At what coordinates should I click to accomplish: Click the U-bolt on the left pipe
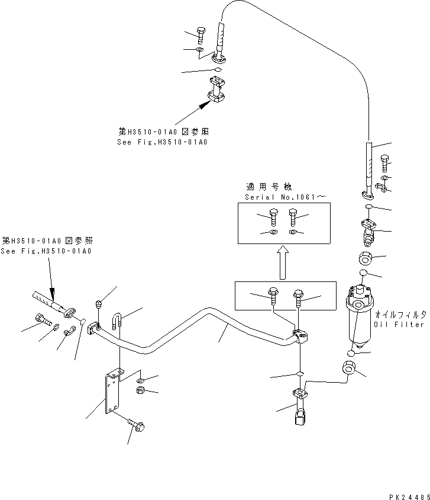[x=117, y=323]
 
